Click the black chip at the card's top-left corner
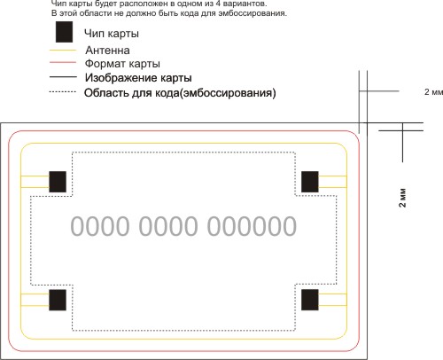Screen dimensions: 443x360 click(x=58, y=182)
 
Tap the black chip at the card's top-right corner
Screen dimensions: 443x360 click(x=310, y=182)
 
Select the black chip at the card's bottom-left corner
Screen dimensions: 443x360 click(x=58, y=300)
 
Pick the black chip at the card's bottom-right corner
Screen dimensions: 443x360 click(x=310, y=300)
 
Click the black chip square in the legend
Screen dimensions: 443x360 click(x=64, y=32)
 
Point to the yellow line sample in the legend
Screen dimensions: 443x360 click(x=63, y=51)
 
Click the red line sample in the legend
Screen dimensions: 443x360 click(x=63, y=62)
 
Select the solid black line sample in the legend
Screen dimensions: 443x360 click(x=63, y=77)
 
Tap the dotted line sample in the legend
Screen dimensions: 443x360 click(x=63, y=92)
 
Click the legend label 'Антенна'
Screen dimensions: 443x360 click(x=107, y=51)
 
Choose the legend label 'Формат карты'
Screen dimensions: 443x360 click(x=122, y=64)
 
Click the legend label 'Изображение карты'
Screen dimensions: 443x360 click(x=138, y=78)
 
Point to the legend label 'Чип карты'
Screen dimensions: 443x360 click(x=112, y=33)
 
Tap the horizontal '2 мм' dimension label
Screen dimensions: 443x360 click(x=433, y=92)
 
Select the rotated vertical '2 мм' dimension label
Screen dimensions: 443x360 click(x=402, y=197)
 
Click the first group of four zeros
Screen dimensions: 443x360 click(x=100, y=226)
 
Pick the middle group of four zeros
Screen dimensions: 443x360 click(x=168, y=226)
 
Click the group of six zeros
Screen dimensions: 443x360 click(x=252, y=226)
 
